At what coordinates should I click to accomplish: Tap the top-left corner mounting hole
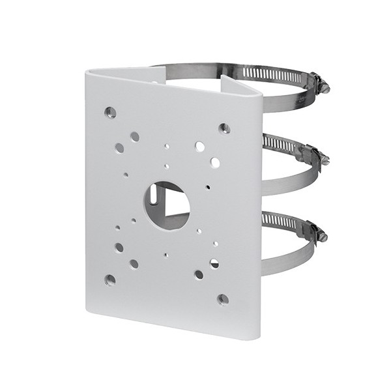coord(111,113)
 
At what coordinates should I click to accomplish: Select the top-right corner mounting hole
coord(224,128)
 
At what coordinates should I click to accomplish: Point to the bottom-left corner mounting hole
coord(110,280)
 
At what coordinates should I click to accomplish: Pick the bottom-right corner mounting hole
coord(223,299)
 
